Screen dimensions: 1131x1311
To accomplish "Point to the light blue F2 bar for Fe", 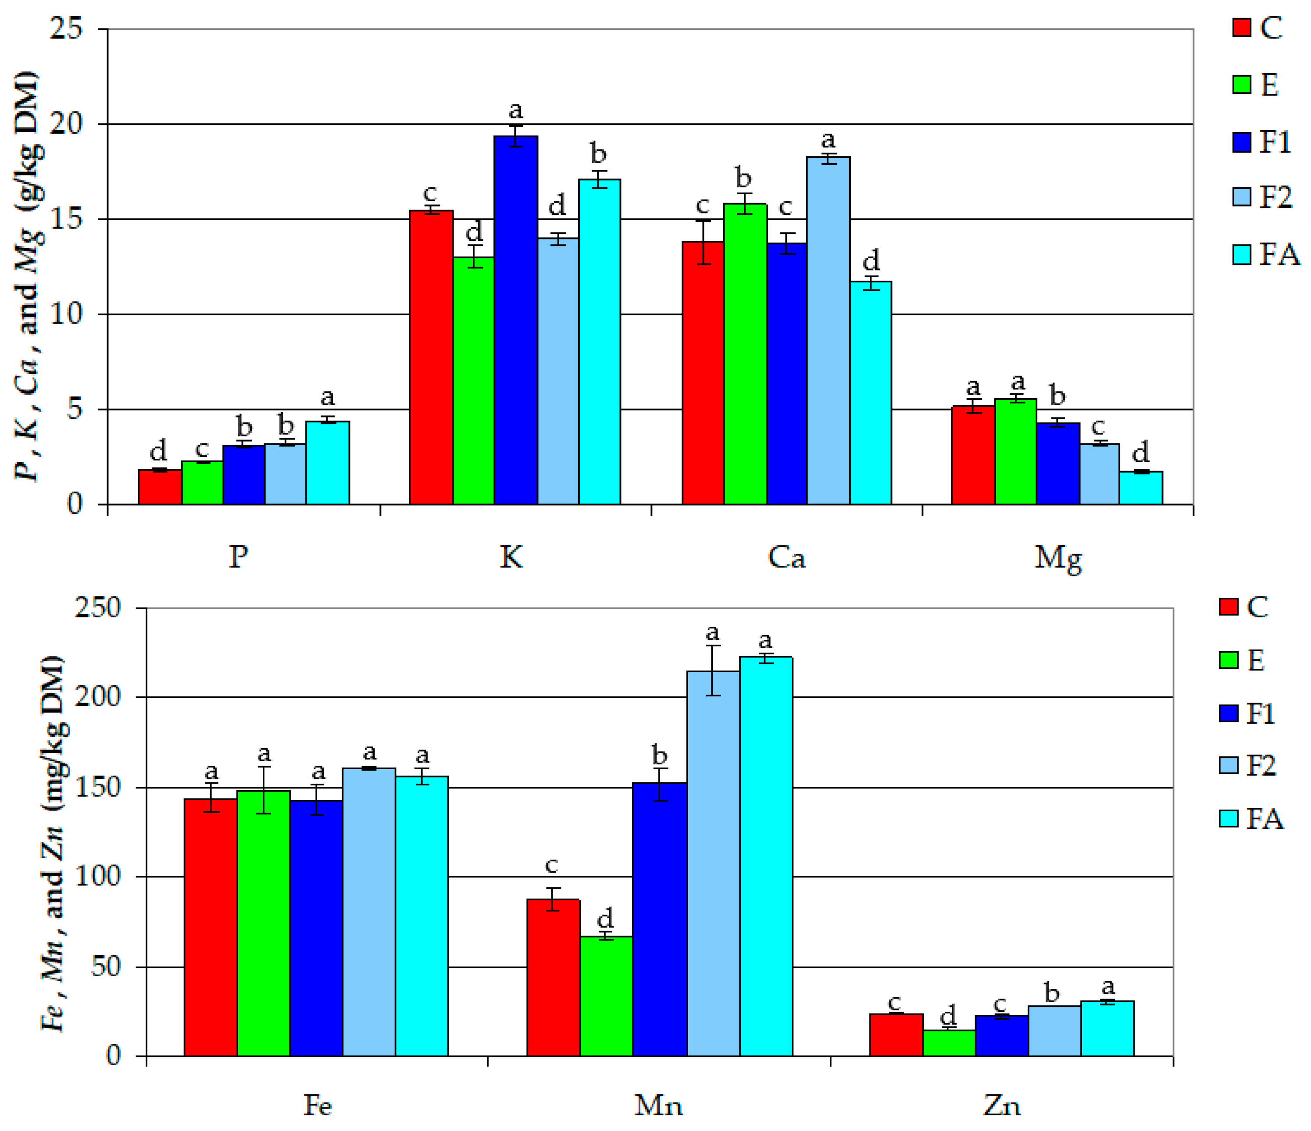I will pos(369,911).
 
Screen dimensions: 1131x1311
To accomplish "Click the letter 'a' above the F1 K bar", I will pos(516,111).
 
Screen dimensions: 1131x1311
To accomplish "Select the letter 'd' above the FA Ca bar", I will pos(871,260).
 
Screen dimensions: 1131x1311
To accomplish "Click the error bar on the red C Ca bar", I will pos(703,242).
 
